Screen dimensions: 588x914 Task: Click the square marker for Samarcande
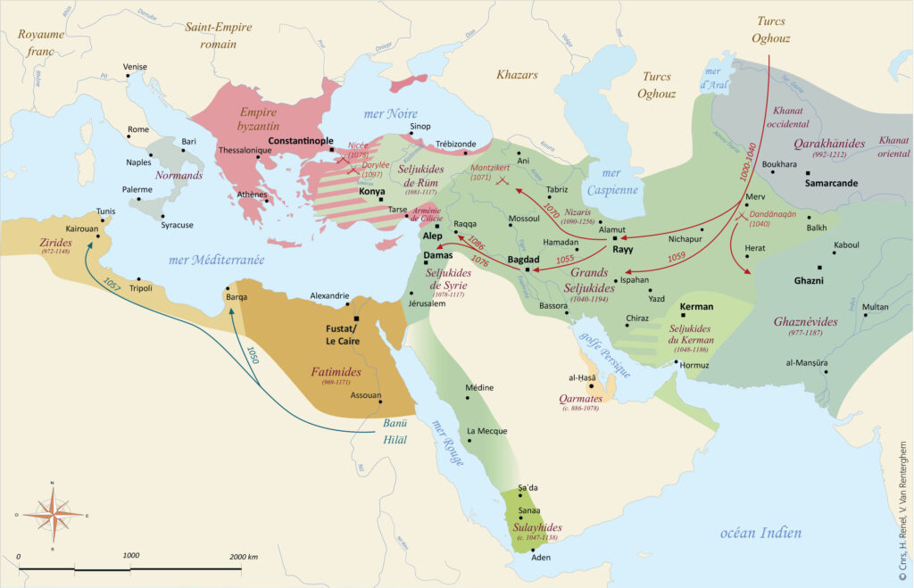[x=807, y=173]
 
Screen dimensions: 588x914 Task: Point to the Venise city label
[x=135, y=67]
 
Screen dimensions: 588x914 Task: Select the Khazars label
[x=517, y=75]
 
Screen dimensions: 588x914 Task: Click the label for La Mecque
[x=487, y=431]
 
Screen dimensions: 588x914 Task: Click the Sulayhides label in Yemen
[x=536, y=529]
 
